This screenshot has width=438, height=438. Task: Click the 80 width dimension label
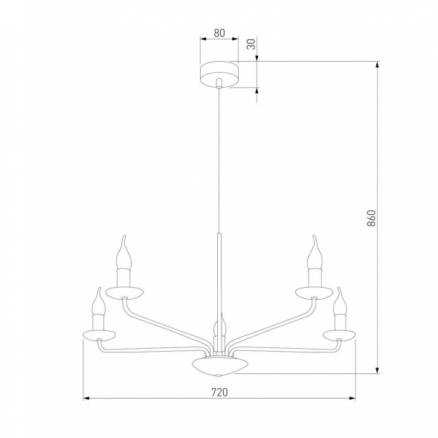coord(219,33)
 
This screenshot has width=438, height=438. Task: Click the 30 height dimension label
coord(251,44)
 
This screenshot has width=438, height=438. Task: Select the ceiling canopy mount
coord(219,74)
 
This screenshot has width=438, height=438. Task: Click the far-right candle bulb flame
coord(341,297)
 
